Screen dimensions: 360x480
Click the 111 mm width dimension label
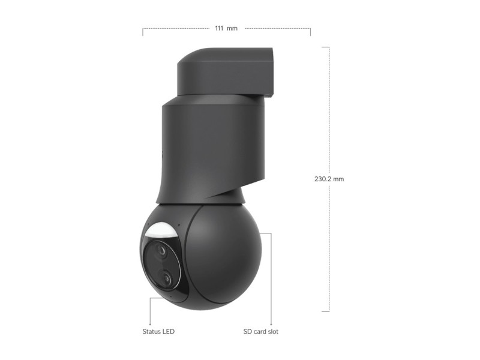226,28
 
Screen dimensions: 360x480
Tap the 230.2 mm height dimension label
329,179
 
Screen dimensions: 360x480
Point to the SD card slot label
260,331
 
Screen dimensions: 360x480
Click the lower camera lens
164,277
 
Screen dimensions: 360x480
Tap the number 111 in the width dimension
220,28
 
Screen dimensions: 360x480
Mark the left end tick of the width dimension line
143,31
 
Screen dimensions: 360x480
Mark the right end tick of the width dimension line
310,31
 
